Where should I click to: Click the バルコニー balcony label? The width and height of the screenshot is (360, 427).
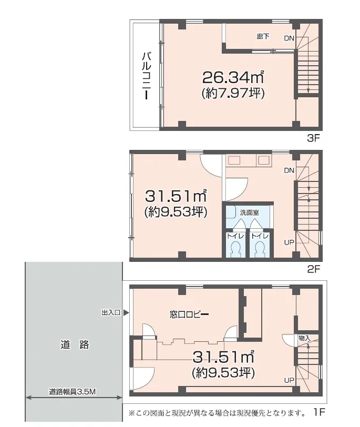click(x=147, y=75)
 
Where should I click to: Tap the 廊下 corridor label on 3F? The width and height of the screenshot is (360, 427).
click(x=263, y=36)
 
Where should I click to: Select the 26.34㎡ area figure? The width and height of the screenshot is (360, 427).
click(x=233, y=77)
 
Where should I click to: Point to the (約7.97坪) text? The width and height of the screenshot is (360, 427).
click(x=233, y=94)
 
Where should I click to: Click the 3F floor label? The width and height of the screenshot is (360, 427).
click(x=313, y=138)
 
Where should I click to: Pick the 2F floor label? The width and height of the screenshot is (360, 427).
click(x=313, y=269)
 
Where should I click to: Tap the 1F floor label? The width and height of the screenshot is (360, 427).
click(x=319, y=412)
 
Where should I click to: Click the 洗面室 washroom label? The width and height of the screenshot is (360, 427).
click(x=249, y=212)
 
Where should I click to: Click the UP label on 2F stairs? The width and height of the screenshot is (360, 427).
click(x=289, y=242)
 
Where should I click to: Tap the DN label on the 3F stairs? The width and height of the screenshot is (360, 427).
click(x=289, y=38)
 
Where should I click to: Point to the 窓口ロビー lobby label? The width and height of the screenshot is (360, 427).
click(x=189, y=314)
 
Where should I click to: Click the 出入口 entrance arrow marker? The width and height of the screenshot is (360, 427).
click(x=126, y=312)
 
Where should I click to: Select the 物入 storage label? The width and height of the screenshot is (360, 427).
click(x=304, y=339)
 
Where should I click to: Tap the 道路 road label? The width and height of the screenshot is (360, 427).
click(x=75, y=345)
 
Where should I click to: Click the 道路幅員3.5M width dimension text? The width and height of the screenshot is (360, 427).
click(x=73, y=392)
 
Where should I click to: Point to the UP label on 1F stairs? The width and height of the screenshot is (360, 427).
click(x=289, y=380)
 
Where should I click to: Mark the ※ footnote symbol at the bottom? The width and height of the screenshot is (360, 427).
click(x=132, y=413)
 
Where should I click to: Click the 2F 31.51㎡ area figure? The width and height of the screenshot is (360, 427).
click(x=176, y=196)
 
